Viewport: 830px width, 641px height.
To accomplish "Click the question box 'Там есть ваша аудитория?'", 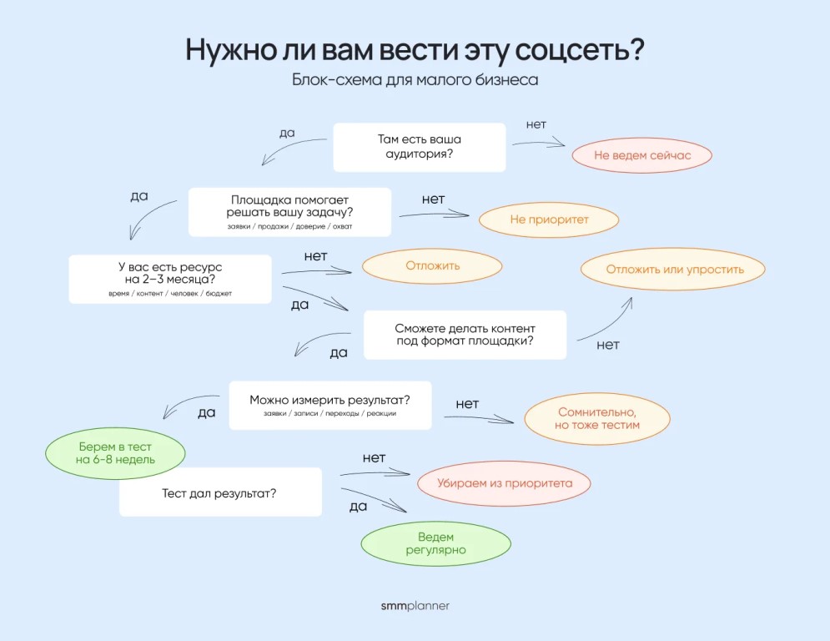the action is (420, 147).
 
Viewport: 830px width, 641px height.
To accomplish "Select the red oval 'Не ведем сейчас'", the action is (641, 155).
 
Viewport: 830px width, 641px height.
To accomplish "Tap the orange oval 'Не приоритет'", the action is (549, 220).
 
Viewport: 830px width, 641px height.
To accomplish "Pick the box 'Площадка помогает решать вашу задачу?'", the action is (289, 212).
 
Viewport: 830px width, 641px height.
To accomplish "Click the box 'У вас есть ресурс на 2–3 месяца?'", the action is (170, 279).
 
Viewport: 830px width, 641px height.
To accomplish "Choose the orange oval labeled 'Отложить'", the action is (432, 266).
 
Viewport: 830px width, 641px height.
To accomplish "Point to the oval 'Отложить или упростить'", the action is (673, 269).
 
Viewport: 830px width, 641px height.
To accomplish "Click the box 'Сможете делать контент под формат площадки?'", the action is (465, 335).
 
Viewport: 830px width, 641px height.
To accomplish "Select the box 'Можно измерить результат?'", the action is (330, 406).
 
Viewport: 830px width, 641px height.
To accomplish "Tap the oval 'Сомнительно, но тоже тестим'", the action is (597, 418).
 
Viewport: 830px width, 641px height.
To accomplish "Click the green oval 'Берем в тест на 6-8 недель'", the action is (115, 453).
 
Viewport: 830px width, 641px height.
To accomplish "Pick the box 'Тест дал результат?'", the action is (220, 492).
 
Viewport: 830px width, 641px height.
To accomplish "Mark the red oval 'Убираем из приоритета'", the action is (504, 483).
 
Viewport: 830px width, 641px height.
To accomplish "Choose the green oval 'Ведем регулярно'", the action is (435, 543).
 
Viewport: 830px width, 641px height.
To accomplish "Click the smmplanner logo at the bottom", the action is (415, 605).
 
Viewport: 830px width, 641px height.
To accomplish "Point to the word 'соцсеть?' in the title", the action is (580, 50).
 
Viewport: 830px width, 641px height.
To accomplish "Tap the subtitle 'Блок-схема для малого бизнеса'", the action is (415, 79).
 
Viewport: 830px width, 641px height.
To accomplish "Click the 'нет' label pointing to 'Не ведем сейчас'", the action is (536, 124).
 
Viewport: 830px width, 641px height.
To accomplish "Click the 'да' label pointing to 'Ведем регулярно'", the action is (359, 507).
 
